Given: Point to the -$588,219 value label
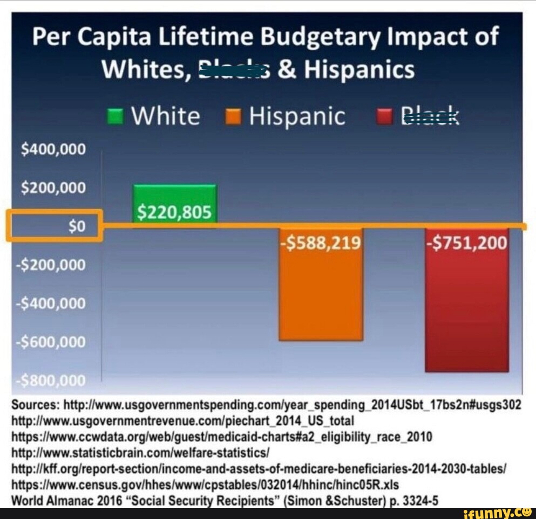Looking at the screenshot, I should tap(321, 244).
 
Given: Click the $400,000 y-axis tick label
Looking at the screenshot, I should tap(53, 149).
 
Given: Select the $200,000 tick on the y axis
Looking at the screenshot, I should tap(53, 188).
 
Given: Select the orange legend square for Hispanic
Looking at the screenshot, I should tap(233, 117).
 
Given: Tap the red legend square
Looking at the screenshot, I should tap(384, 117).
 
